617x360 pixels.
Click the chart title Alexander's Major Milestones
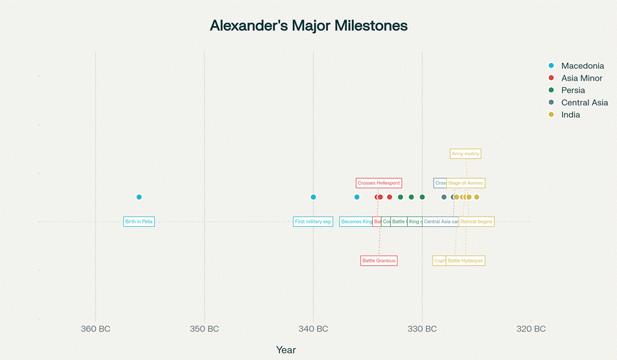tap(308, 26)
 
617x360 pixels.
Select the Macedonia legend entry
tap(582, 66)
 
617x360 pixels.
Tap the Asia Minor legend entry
tap(581, 78)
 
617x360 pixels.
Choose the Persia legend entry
tap(573, 90)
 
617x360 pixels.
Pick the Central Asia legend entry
tap(584, 103)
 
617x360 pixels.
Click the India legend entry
tap(570, 115)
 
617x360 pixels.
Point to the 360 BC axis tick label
tap(95, 329)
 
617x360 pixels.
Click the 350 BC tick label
tap(205, 329)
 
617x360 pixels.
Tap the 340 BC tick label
tap(313, 329)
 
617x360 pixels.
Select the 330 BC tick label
tap(422, 329)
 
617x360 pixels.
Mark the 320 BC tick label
tap(531, 329)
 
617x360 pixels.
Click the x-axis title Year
tap(286, 350)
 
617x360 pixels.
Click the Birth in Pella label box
tap(139, 222)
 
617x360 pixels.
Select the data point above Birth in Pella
tap(139, 197)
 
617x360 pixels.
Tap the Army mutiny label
tap(466, 154)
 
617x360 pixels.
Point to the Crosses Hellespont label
tap(379, 183)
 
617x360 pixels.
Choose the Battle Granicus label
tap(379, 261)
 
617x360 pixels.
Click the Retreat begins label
tap(477, 222)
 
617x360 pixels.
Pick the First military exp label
tap(313, 222)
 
